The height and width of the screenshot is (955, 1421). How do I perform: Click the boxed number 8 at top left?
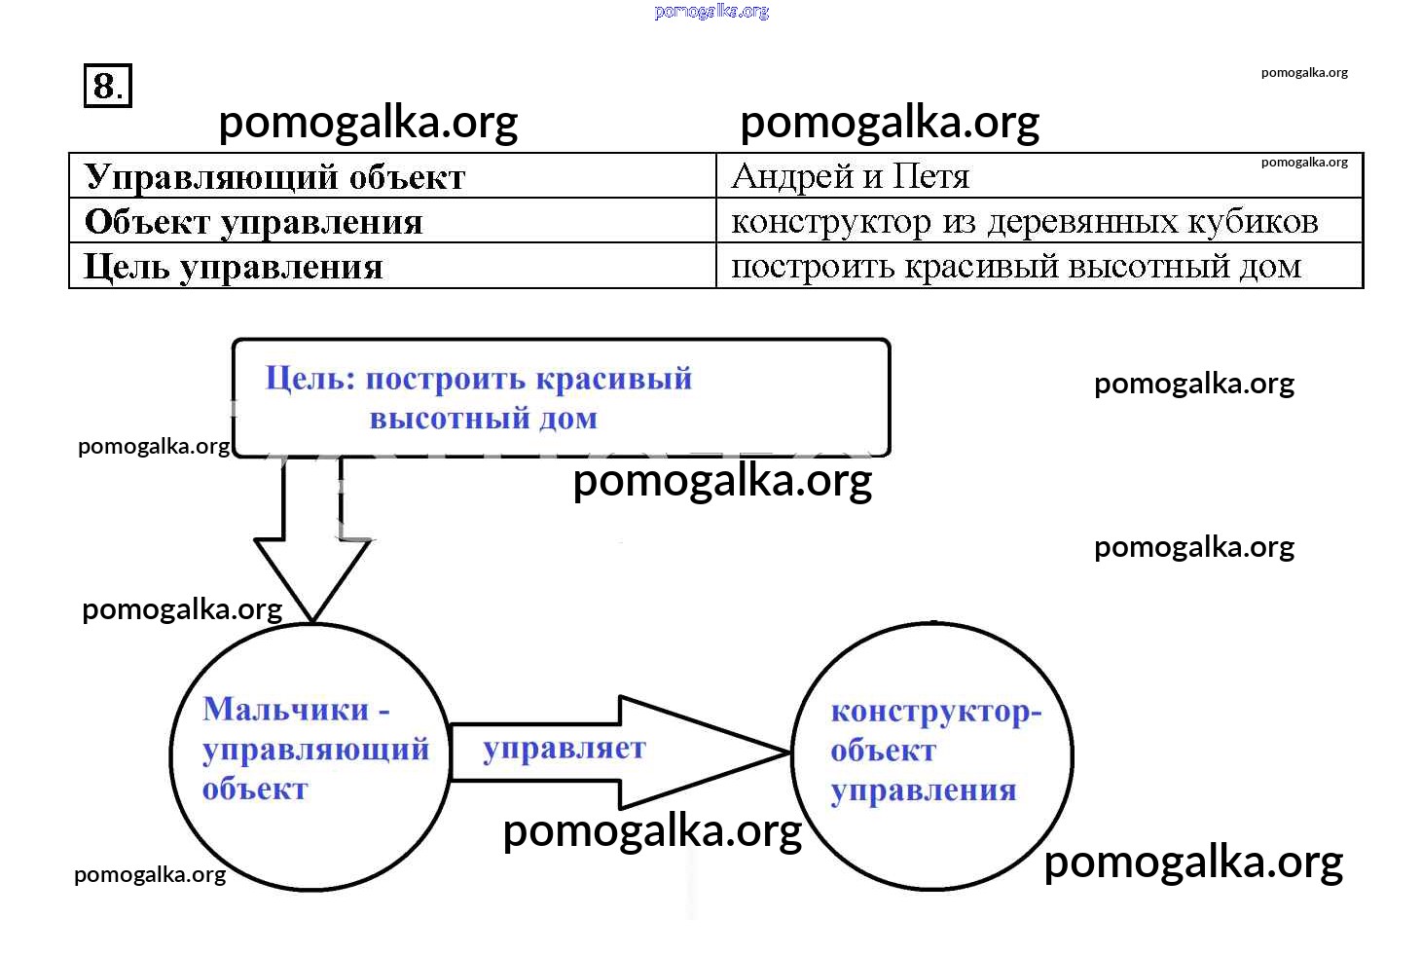[107, 86]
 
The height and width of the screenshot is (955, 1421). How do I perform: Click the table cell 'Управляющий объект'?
[274, 177]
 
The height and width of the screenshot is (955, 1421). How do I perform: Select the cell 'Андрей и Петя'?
[850, 176]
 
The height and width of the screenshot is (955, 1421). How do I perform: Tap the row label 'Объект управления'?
[253, 222]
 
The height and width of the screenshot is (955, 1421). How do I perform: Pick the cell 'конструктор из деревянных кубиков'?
[1024, 222]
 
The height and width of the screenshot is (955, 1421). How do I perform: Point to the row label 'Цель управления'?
[234, 267]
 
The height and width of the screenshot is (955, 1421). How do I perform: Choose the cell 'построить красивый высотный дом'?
[1015, 267]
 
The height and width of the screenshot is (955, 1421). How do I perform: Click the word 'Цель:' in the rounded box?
[310, 378]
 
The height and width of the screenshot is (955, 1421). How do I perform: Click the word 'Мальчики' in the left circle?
[286, 709]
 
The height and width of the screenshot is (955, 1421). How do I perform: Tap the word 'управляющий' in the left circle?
[315, 750]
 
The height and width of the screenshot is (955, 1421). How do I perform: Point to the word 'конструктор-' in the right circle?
[935, 712]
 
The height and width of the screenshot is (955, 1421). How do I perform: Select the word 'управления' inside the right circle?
[923, 790]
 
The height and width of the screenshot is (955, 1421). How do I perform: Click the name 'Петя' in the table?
[930, 176]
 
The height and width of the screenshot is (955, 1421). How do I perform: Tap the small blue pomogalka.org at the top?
[711, 12]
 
